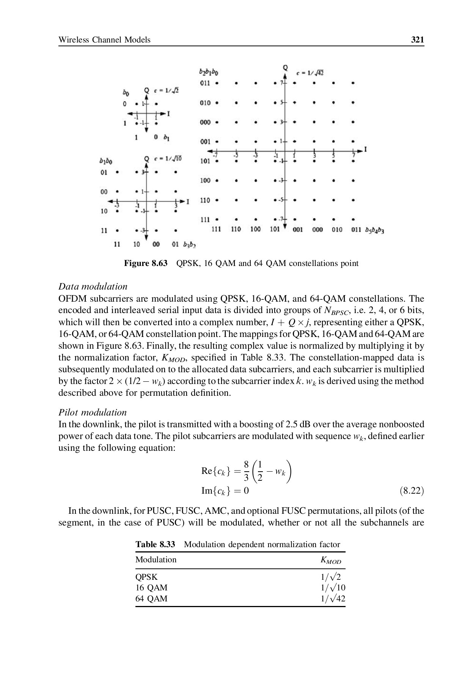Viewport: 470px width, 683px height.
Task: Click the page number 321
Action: [x=417, y=40]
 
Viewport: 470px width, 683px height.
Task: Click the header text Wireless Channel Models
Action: [x=104, y=40]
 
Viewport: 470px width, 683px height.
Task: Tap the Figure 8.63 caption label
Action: [x=146, y=263]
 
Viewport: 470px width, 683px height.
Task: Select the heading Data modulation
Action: [x=93, y=286]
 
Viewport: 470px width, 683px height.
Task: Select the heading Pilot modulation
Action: [x=93, y=412]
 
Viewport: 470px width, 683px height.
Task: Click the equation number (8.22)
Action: [x=412, y=491]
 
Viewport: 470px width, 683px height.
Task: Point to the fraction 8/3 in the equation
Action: [x=246, y=471]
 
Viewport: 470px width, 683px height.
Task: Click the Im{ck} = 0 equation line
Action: [x=225, y=491]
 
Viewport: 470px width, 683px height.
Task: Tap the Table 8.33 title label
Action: [x=155, y=545]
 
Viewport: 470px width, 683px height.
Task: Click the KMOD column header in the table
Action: [x=331, y=560]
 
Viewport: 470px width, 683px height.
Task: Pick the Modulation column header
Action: [x=156, y=560]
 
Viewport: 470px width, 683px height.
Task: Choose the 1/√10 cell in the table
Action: [x=333, y=588]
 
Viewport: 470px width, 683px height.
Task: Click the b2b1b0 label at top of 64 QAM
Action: [x=208, y=72]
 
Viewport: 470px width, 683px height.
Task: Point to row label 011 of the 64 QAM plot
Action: [x=205, y=83]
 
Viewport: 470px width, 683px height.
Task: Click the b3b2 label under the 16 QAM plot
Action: [x=189, y=245]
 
